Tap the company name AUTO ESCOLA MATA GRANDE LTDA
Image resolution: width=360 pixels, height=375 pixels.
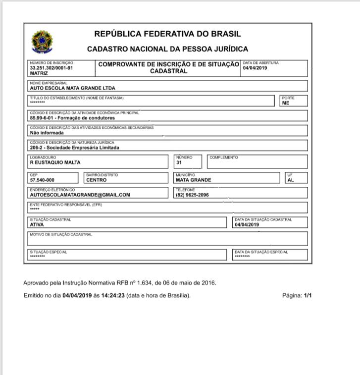[x=72, y=88]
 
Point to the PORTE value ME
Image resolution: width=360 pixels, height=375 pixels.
[x=286, y=103]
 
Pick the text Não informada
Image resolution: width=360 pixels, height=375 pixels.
[x=47, y=133]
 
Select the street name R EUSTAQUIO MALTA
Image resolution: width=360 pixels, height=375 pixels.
[x=55, y=162]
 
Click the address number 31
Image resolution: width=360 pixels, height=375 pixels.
[x=179, y=162]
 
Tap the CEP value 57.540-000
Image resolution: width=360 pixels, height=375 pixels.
[x=42, y=180]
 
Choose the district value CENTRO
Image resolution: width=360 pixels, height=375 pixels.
[x=97, y=180]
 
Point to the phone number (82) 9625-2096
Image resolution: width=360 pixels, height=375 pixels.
[x=192, y=195]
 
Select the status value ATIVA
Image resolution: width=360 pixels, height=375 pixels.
[x=37, y=224]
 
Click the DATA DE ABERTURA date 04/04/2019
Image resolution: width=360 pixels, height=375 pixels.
[x=255, y=68]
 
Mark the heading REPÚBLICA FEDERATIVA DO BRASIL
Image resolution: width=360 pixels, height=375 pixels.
[x=167, y=34]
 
